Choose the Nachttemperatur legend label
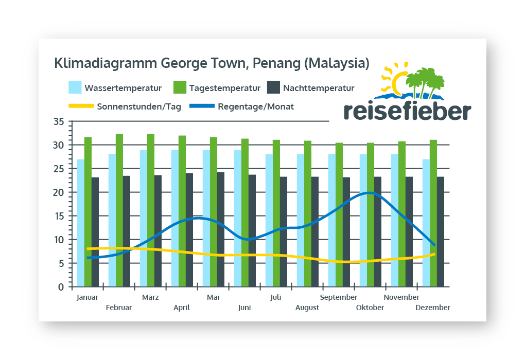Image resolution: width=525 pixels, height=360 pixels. tap(319, 88)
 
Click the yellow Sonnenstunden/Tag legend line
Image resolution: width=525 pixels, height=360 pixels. tap(81, 106)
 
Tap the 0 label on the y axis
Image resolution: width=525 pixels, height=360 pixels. tap(61, 287)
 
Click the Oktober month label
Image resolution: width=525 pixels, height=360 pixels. tap(370, 308)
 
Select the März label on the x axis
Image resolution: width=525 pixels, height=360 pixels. tap(150, 297)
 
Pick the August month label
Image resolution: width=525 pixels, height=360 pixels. tap(307, 308)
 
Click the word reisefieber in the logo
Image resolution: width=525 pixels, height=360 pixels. tap(407, 111)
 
